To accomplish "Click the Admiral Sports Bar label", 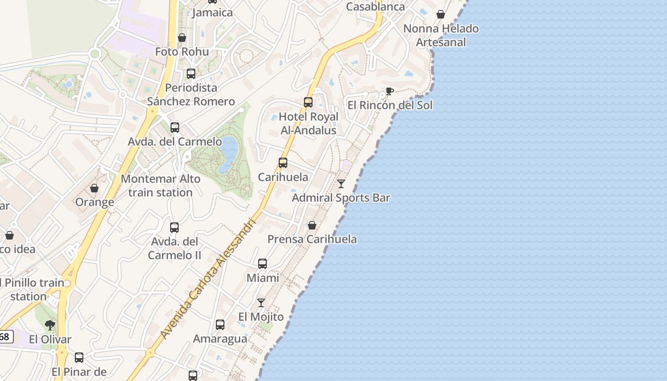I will click(341, 198).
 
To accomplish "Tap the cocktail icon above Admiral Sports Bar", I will click(341, 183).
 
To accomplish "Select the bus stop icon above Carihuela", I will click(283, 163).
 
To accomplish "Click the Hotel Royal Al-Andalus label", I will click(308, 123).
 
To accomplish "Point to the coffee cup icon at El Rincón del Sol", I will click(389, 91).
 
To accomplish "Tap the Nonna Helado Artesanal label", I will click(441, 35).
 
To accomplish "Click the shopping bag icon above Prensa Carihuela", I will click(312, 225).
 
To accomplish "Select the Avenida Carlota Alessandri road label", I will click(209, 279).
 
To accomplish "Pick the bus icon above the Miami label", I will click(263, 264).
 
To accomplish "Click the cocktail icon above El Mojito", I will click(261, 302).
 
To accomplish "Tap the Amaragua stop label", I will click(220, 339).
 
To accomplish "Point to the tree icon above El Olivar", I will click(50, 325).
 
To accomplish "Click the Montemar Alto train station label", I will click(161, 186).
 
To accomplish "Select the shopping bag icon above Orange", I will click(94, 188).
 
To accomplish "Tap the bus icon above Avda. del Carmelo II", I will click(174, 228).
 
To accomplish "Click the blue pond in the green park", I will click(228, 152).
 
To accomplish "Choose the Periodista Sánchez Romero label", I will click(191, 94).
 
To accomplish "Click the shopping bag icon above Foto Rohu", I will click(182, 38).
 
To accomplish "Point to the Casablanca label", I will click(375, 7).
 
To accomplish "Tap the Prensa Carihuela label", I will click(312, 239).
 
